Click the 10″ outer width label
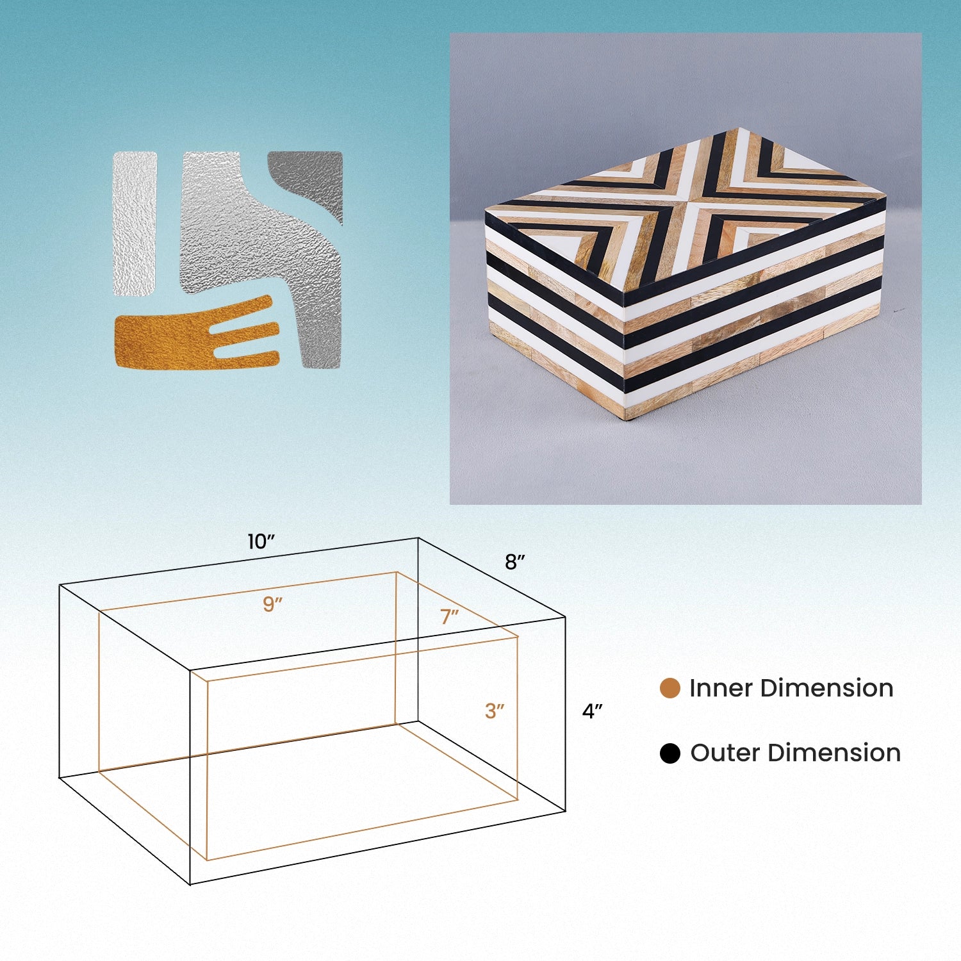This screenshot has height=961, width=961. (261, 542)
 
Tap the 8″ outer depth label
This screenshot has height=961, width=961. (514, 562)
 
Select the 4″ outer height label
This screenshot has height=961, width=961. (592, 711)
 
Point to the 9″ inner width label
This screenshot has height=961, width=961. (273, 604)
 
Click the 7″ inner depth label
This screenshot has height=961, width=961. (449, 616)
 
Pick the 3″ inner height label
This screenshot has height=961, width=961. (495, 711)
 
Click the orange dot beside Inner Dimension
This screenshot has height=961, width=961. (669, 688)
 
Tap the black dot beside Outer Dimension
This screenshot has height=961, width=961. (669, 753)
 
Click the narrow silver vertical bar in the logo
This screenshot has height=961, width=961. (135, 224)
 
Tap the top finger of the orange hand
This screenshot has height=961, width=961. (247, 306)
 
